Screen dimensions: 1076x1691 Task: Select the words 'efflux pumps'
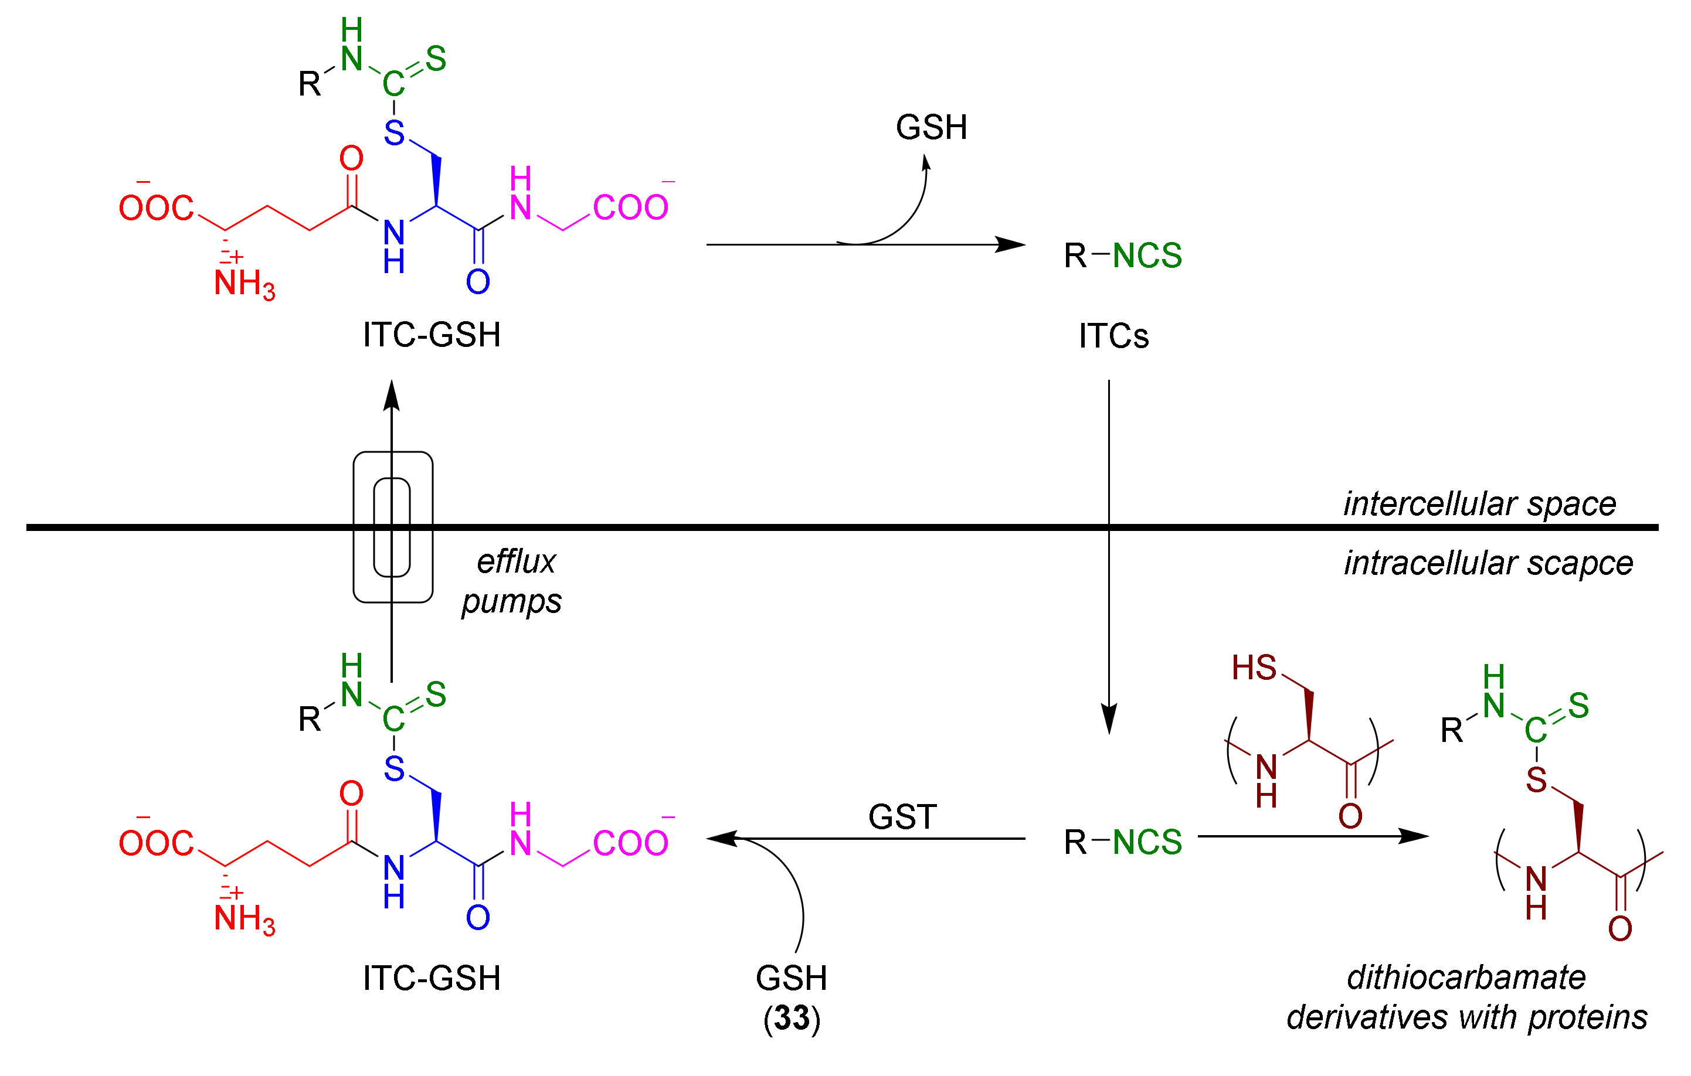(x=512, y=582)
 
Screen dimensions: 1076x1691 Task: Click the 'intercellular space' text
(x=1481, y=504)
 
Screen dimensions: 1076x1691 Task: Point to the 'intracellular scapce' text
(x=1488, y=563)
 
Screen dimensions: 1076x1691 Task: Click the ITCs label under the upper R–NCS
(x=1114, y=336)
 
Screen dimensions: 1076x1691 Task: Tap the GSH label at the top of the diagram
(x=931, y=128)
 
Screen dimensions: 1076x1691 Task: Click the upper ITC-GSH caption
(x=431, y=335)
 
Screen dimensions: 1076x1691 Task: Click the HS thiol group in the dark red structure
(x=1254, y=668)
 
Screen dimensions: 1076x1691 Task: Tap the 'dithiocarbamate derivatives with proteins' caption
(x=1466, y=997)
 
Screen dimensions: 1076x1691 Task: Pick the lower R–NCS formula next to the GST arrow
(x=1122, y=842)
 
